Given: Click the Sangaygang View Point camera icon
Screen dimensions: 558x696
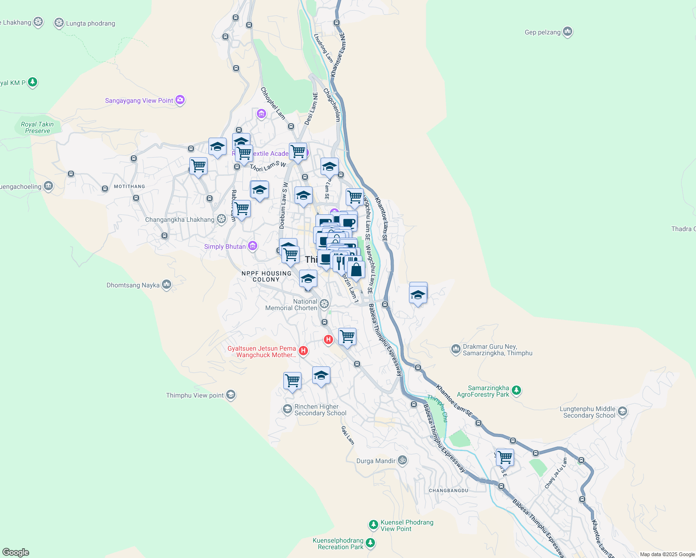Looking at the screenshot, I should coord(180,100).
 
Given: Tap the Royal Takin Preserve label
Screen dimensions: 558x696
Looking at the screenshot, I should coord(37,127).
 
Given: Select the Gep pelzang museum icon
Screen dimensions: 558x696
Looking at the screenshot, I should coord(567,32).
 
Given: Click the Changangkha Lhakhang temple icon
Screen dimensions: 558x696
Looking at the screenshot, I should coord(221,219).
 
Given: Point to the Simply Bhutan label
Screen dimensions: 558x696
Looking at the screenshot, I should coord(225,246).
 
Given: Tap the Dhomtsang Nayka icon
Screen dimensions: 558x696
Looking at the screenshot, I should coord(167,285).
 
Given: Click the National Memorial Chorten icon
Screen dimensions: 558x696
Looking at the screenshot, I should coord(324,304).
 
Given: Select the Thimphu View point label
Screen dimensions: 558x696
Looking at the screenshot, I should coord(195,395).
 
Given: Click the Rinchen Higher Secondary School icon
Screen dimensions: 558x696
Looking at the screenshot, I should coord(287,409).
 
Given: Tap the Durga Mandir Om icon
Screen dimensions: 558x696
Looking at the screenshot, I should coord(402,460).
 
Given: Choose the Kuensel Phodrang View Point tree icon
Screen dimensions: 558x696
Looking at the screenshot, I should coord(373,525).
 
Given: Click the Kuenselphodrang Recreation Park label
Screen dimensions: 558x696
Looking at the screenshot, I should coord(338,544).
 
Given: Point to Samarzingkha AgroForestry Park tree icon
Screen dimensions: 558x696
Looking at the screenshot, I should coord(516,391).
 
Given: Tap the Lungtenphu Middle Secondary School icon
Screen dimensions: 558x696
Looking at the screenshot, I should coord(622,412).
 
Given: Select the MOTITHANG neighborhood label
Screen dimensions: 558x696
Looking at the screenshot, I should coord(129,186).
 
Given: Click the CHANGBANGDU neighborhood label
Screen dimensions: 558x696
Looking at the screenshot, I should coord(448,491).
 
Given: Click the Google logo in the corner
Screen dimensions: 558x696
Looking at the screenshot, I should coord(15,552).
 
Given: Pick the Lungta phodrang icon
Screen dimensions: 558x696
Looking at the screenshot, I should coord(59,23).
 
